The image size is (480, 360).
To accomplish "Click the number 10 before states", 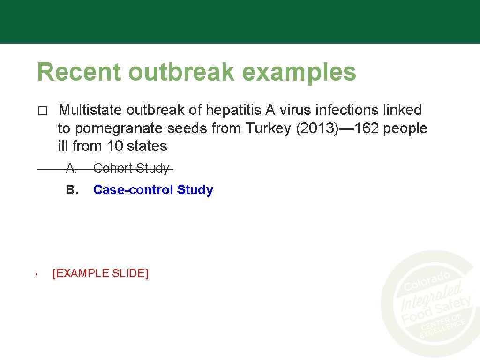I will tap(114, 146).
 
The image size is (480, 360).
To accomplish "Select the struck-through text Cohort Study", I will tap(131, 168).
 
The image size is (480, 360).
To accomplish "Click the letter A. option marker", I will tap(71, 168).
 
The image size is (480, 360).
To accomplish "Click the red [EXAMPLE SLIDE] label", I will tap(100, 273).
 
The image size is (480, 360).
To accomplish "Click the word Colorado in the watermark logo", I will tap(427, 280).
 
